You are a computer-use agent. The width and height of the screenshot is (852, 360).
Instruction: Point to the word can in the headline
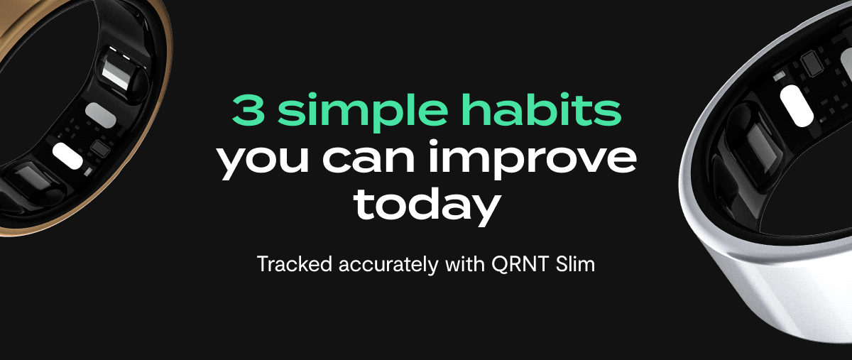coord(366,159)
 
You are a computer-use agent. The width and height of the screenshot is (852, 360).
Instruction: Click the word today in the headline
coord(426,204)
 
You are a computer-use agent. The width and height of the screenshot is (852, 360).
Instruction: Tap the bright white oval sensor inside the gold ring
coord(67,154)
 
